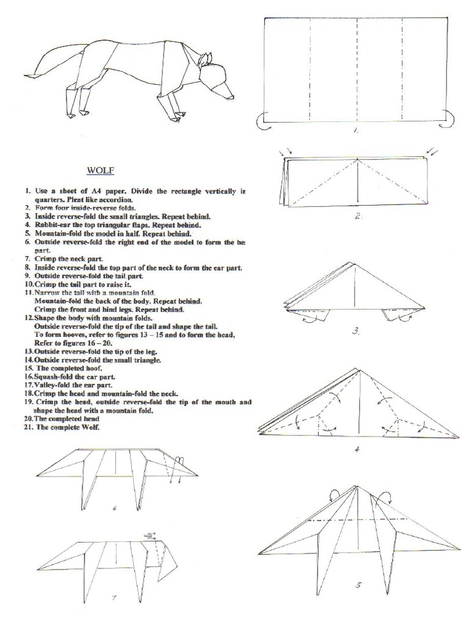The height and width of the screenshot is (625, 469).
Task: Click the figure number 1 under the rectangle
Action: (x=356, y=130)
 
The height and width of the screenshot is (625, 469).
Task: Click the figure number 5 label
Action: (x=358, y=585)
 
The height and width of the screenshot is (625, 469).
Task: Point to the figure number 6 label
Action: (x=114, y=508)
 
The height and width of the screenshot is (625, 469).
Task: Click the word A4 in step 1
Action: (x=96, y=191)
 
